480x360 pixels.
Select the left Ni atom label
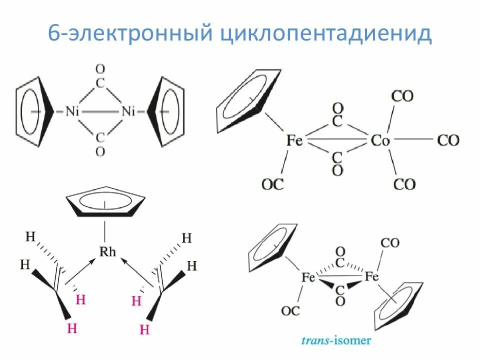click(x=72, y=111)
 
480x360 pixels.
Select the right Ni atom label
click(x=128, y=111)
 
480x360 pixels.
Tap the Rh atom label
click(x=107, y=251)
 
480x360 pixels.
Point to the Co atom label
click(x=380, y=140)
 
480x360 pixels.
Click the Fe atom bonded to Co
click(x=295, y=140)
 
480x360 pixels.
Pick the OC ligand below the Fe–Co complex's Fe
click(x=272, y=184)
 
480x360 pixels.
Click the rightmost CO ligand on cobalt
click(x=448, y=140)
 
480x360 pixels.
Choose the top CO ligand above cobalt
click(x=402, y=96)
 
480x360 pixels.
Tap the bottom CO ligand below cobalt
click(x=404, y=184)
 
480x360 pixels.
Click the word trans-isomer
click(x=336, y=340)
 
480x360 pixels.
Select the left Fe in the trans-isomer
click(x=308, y=276)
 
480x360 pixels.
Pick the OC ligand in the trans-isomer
click(x=290, y=310)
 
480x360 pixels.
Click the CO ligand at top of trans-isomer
click(x=390, y=243)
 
